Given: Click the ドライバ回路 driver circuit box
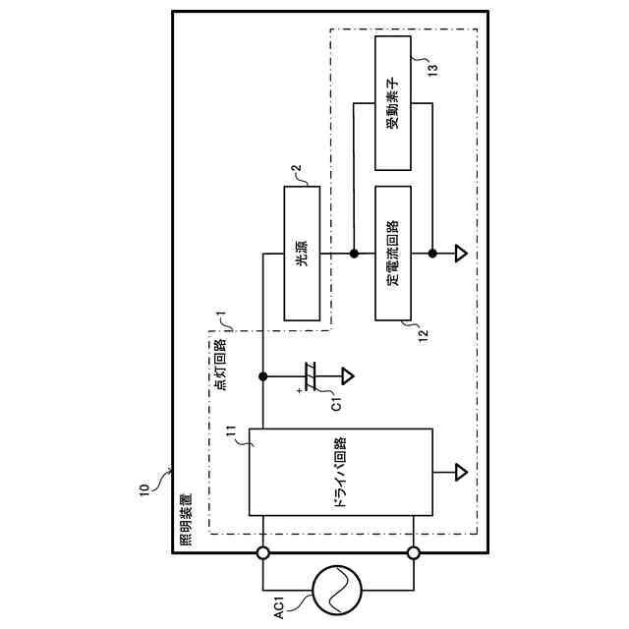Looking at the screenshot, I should [340, 472].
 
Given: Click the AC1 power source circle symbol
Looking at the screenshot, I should [337, 590].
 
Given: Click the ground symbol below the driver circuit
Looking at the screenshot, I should [460, 472].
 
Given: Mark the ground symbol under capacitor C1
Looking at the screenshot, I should [347, 374].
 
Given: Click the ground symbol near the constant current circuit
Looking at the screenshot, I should [460, 255].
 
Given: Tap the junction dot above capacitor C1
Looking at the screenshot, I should [263, 374].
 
